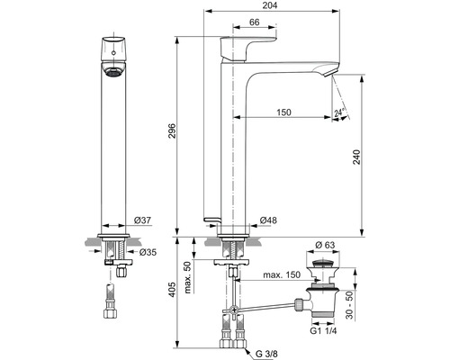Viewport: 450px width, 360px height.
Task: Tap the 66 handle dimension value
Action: point(255,22)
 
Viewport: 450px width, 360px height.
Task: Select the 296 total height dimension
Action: point(172,130)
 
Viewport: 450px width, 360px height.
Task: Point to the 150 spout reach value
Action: point(283,112)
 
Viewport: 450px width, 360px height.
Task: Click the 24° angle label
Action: point(339,112)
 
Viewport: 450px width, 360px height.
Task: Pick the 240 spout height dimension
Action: point(356,157)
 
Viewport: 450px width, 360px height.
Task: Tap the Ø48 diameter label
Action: point(268,220)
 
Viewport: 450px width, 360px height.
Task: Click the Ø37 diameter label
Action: point(142,220)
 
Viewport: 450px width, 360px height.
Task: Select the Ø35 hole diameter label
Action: point(148,252)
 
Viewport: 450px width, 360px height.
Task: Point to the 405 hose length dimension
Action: point(172,290)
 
